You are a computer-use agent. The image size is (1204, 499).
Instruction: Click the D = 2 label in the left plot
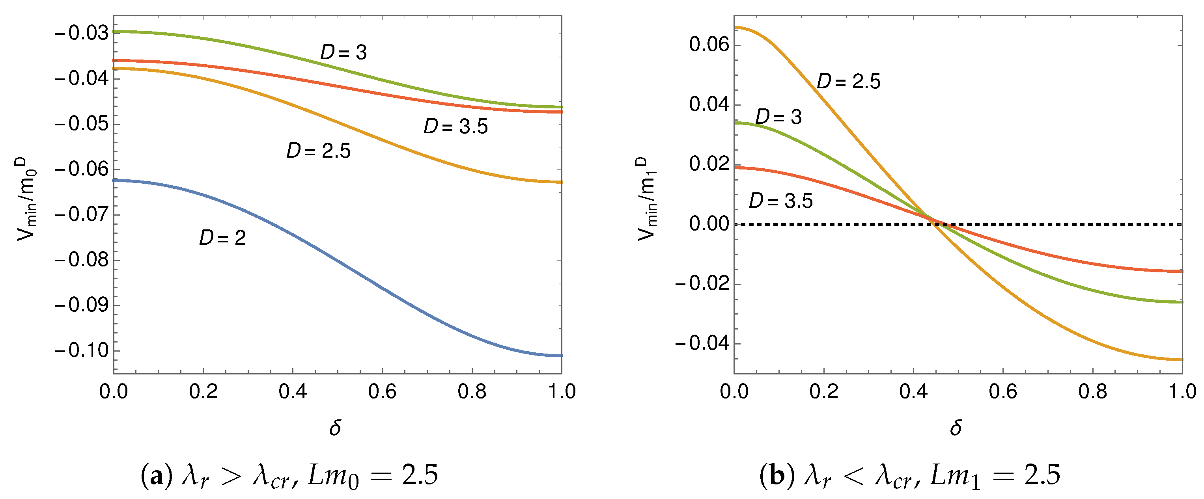pyautogui.click(x=222, y=238)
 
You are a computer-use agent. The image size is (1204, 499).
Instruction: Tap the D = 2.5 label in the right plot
pyautogui.click(x=848, y=82)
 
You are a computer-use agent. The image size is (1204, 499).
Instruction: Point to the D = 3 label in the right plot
pyautogui.click(x=778, y=117)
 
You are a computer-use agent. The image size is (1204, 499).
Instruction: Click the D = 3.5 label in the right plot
pyautogui.click(x=780, y=201)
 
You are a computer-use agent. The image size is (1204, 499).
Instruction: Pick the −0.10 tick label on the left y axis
pyautogui.click(x=81, y=350)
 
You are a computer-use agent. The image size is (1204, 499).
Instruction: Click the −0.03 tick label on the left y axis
pyautogui.click(x=81, y=33)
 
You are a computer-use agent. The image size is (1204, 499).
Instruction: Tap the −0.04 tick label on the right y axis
pyautogui.click(x=702, y=343)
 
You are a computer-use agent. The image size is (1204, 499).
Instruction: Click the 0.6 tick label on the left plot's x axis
pyautogui.click(x=382, y=391)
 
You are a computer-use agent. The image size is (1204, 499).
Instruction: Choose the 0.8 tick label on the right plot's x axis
pyautogui.click(x=1092, y=391)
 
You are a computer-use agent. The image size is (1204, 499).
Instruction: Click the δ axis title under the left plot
pyautogui.click(x=335, y=428)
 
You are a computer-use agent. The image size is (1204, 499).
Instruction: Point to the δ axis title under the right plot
pyautogui.click(x=956, y=428)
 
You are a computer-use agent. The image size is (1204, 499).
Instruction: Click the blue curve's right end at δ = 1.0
pyautogui.click(x=560, y=356)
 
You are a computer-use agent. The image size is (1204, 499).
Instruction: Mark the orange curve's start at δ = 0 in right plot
pyautogui.click(x=735, y=28)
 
